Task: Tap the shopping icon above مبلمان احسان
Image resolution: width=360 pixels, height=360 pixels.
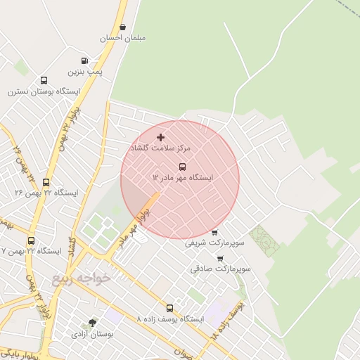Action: coord(123,27)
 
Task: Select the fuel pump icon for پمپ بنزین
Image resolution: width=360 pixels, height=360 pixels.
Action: coord(84,61)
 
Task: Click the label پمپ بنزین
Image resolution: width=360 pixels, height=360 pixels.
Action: coord(85,72)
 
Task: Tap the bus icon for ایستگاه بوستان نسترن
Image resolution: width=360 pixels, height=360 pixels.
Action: coord(44,81)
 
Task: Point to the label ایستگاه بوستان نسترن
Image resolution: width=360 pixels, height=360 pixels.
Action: coord(44,91)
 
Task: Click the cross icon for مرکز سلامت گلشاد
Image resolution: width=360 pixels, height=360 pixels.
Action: coord(161,137)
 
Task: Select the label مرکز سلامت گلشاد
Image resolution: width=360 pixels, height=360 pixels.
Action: coord(166,149)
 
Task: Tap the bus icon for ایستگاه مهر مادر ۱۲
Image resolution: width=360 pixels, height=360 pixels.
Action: coord(182,167)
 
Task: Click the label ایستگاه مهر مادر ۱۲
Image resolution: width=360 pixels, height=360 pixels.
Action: coord(183,178)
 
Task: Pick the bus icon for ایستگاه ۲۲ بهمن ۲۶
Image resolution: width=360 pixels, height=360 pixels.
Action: coord(46,182)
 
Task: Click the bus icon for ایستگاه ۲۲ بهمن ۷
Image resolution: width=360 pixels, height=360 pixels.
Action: coord(30,240)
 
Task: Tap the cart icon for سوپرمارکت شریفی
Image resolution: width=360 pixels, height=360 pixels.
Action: coord(214,233)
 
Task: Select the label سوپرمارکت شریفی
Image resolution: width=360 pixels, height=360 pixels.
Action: coord(214,243)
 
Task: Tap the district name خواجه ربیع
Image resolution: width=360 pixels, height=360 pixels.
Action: coord(82,278)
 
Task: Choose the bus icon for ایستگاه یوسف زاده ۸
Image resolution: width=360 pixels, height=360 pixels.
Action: coord(169,308)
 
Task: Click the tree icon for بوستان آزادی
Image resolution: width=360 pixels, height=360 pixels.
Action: coord(92,323)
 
